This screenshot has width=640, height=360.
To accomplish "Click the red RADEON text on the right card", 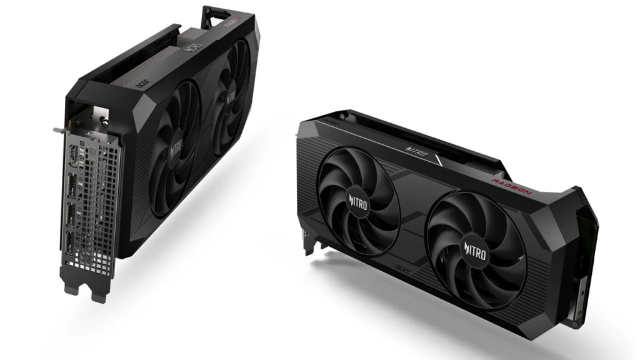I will [x=511, y=185].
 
